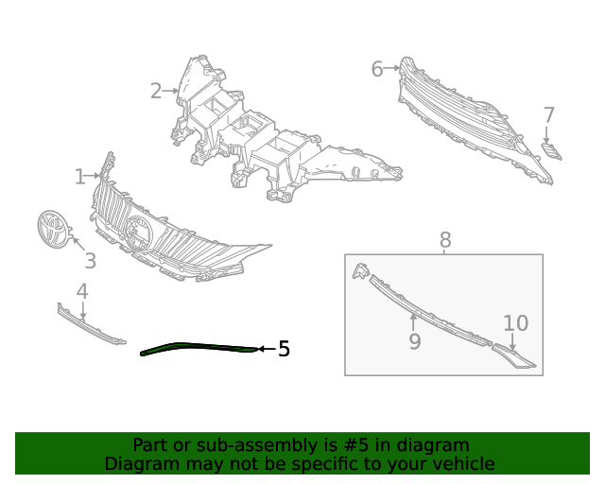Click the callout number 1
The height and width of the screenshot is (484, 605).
(x=79, y=177)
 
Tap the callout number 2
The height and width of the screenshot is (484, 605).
(x=156, y=92)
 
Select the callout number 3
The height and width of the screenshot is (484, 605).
(x=91, y=261)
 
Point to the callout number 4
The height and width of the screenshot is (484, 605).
(x=82, y=291)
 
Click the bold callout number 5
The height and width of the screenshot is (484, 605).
(x=284, y=349)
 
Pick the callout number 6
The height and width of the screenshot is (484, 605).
(x=377, y=69)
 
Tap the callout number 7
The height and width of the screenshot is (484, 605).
(x=549, y=115)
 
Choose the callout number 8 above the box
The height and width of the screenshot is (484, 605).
(x=445, y=240)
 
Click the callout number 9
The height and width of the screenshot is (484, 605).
(x=415, y=341)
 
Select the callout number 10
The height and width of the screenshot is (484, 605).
(x=516, y=323)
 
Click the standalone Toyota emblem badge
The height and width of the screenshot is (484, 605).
(x=53, y=230)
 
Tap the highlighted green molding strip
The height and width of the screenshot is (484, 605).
(x=199, y=348)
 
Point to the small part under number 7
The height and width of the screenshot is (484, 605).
(x=551, y=151)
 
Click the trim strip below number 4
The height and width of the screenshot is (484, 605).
(x=91, y=324)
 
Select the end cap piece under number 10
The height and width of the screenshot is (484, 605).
(x=513, y=355)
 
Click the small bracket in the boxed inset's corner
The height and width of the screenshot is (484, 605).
(x=360, y=270)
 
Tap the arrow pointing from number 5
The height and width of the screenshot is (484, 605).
(x=267, y=349)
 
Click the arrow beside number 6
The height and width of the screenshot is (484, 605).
(x=392, y=68)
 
